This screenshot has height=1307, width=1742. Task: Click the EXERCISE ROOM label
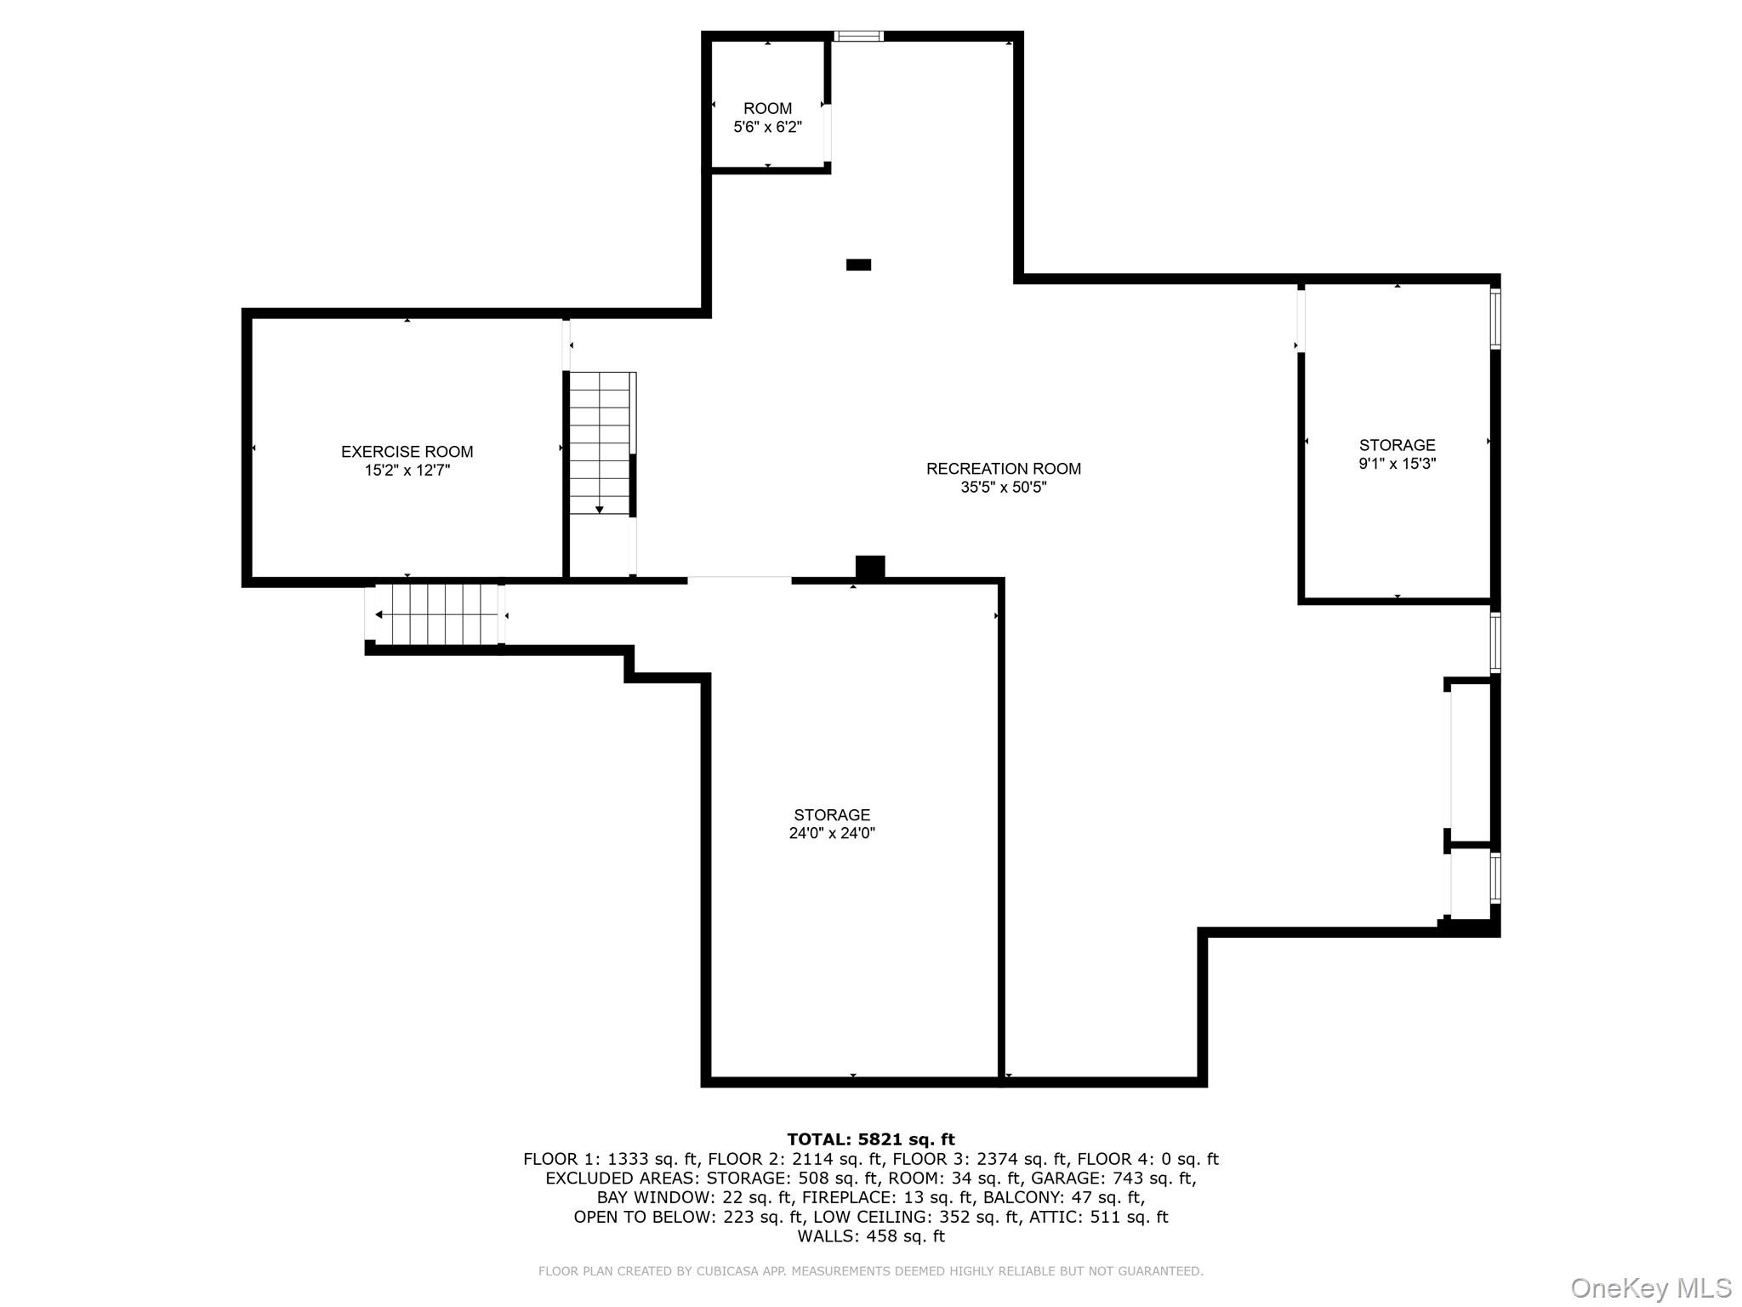coord(407,452)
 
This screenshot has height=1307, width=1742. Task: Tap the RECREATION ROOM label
coord(1003,469)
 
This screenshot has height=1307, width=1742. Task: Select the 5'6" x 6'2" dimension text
coord(767,128)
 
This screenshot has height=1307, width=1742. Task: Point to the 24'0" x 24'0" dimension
coord(831,834)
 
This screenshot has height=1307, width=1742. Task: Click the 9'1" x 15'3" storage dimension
coord(1397,464)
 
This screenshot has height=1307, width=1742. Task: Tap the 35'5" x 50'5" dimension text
coord(1003,488)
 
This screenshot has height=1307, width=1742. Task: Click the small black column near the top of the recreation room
coord(858,265)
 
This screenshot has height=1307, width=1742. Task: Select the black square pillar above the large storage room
coord(869,568)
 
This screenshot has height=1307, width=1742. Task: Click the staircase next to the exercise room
coord(601,442)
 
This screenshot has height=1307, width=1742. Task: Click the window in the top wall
coord(858,37)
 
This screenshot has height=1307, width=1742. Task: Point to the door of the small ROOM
coord(827,132)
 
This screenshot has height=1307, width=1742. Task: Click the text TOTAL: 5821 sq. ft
coord(870,1139)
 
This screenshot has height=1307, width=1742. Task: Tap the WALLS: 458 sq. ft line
coord(870,1236)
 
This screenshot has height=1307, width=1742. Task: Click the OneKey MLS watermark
coord(1650,1287)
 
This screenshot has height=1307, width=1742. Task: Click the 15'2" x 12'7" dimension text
coord(407,471)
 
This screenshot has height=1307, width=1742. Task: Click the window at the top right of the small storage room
coord(1495,318)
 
